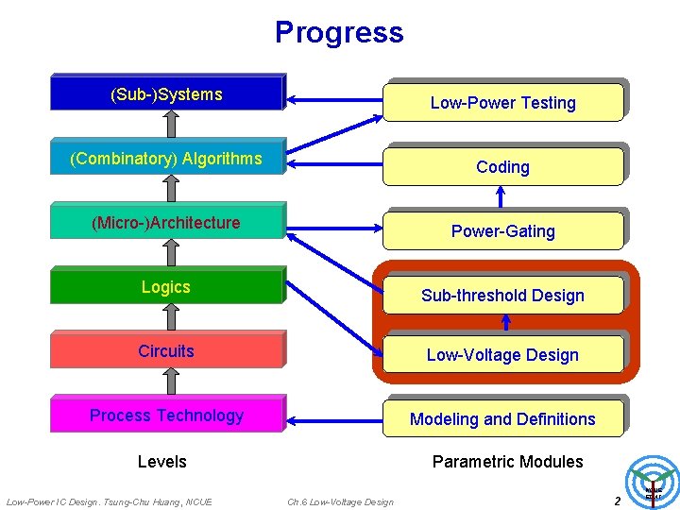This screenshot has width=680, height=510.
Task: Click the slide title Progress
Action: tap(339, 32)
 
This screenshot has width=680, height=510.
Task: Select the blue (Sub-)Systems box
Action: tap(166, 93)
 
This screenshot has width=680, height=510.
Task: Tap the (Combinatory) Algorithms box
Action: tap(166, 158)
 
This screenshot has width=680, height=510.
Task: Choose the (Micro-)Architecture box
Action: tap(166, 222)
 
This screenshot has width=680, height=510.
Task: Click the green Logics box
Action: tap(166, 286)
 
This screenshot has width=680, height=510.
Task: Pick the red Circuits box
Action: tap(166, 350)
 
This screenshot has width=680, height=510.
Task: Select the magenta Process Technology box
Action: tap(166, 415)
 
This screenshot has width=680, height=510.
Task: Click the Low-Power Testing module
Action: tap(502, 102)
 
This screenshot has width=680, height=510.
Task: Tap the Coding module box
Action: tap(502, 166)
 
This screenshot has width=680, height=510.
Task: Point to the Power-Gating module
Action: tap(502, 230)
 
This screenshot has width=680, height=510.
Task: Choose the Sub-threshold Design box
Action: tap(502, 295)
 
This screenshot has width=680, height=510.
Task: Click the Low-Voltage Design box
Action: tap(502, 354)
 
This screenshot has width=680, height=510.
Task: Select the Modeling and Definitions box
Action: tap(502, 418)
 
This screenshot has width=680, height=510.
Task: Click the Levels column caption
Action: tap(162, 461)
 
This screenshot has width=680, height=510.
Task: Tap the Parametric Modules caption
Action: tap(507, 461)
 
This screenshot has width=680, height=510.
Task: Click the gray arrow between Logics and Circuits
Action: tap(171, 318)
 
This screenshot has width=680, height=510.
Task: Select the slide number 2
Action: tap(617, 501)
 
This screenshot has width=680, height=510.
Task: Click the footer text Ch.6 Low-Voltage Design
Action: tap(340, 501)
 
